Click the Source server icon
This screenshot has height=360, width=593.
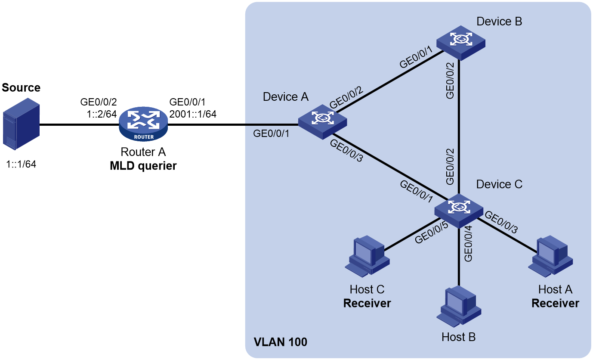21,124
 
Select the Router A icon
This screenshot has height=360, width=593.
143,124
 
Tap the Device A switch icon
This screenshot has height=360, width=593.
322,121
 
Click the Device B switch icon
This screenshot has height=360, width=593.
460,43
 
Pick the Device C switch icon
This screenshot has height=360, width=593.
459,211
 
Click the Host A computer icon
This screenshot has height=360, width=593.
550,256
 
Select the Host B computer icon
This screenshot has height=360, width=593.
459,306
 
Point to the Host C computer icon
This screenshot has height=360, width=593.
367,256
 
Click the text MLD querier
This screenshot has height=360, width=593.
143,166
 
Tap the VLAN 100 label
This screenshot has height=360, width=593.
280,342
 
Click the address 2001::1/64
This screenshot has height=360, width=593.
193,114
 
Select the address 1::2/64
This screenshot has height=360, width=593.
102,114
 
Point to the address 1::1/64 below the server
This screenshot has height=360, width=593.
21,164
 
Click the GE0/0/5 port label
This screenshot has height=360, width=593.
432,233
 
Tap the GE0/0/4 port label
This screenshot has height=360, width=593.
468,244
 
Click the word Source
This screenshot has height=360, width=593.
21,87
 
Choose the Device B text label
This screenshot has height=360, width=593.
499,22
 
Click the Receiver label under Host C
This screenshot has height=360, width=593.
367,303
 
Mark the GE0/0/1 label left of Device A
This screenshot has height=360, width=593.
271,133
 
